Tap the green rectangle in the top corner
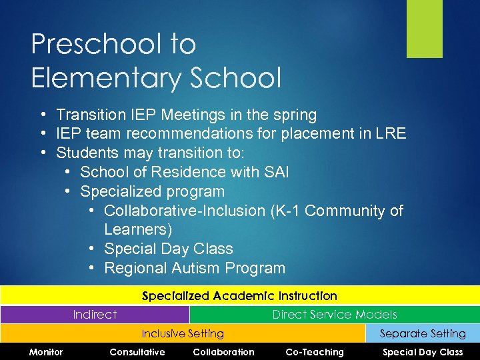[x=425, y=29]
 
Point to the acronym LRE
[x=390, y=133]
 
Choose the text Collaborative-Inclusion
[x=185, y=211]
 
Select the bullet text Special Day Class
[x=169, y=249]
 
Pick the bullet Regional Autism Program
[x=195, y=268]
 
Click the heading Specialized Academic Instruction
[x=239, y=295]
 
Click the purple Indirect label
[x=95, y=315]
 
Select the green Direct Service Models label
[x=334, y=315]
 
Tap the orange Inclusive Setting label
[x=183, y=333]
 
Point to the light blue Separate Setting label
[x=423, y=333]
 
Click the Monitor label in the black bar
[x=46, y=352]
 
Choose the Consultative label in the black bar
[x=137, y=352]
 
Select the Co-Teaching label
[x=315, y=352]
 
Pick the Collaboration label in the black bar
[x=223, y=352]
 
